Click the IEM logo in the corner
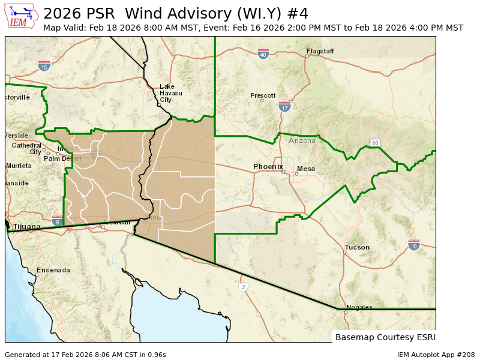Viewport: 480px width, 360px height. (21, 16)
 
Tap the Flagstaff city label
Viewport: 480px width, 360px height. (320, 52)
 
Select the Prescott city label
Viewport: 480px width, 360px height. (263, 95)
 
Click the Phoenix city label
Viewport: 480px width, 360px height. (268, 166)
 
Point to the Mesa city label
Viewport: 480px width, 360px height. (306, 169)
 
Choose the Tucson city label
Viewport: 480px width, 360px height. (357, 247)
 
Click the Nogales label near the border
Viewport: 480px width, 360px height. (359, 307)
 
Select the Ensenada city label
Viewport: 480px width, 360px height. (53, 270)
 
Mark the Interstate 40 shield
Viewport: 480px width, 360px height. (263, 54)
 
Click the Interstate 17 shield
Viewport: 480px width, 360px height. (284, 107)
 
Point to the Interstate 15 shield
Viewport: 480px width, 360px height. (44, 66)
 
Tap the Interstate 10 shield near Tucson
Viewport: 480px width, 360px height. (413, 245)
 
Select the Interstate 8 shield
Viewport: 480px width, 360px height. (57, 221)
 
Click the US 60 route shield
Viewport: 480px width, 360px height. (374, 143)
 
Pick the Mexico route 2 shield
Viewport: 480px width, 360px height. (244, 287)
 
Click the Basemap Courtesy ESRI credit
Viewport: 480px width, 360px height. (385, 337)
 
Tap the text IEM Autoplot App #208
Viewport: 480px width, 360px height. (436, 355)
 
